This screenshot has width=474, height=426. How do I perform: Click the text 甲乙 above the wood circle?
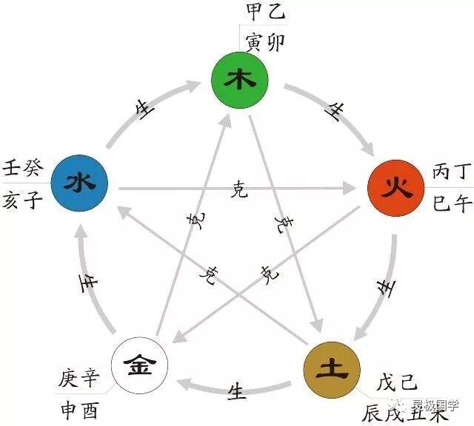pyautogui.click(x=264, y=12)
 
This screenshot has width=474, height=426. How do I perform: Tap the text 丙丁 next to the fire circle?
pyautogui.click(x=450, y=173)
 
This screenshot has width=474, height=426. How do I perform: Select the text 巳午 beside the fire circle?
pyautogui.click(x=451, y=201)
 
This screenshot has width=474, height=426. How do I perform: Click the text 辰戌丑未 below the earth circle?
pyautogui.click(x=415, y=411)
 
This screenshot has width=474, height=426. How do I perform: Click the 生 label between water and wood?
pyautogui.click(x=144, y=109)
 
